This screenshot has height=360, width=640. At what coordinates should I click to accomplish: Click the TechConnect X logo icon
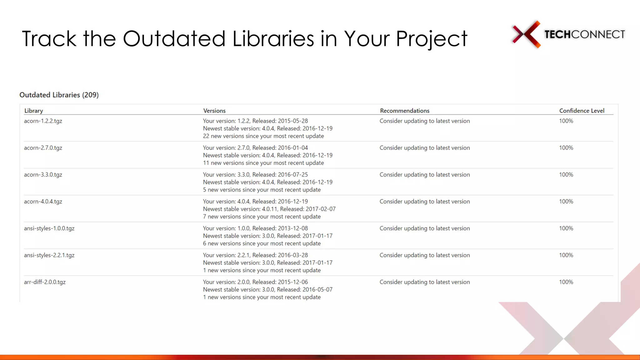click(x=527, y=34)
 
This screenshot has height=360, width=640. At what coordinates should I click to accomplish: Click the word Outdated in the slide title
click(x=174, y=39)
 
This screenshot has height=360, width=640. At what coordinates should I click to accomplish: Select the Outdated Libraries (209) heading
click(x=59, y=95)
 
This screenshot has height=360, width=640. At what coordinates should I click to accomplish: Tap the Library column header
click(x=34, y=111)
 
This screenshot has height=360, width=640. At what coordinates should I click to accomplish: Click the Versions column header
click(x=214, y=111)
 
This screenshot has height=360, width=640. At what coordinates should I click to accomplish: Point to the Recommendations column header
click(x=405, y=111)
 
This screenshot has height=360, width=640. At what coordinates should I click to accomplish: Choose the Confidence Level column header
click(x=582, y=111)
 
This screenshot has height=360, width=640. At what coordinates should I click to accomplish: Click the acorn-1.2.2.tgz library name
click(x=43, y=121)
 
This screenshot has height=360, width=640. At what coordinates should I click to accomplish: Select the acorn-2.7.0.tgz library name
click(x=43, y=148)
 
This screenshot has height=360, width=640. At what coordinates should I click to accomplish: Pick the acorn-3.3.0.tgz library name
click(x=43, y=175)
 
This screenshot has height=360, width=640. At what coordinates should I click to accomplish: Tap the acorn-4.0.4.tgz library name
click(x=43, y=202)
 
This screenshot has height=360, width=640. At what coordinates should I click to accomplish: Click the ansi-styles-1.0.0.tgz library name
click(x=49, y=228)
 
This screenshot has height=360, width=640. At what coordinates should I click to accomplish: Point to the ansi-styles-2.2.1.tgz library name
click(x=49, y=255)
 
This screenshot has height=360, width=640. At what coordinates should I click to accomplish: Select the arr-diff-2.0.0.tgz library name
click(x=45, y=282)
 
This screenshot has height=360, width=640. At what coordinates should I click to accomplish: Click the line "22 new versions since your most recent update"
click(x=263, y=136)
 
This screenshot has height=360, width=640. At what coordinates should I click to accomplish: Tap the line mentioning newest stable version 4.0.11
click(x=269, y=209)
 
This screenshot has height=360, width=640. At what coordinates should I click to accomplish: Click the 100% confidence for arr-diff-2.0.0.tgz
click(x=566, y=282)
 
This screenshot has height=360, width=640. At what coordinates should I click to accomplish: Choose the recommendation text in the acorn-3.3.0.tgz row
click(x=425, y=175)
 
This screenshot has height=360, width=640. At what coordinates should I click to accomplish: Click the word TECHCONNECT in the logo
click(x=585, y=34)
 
